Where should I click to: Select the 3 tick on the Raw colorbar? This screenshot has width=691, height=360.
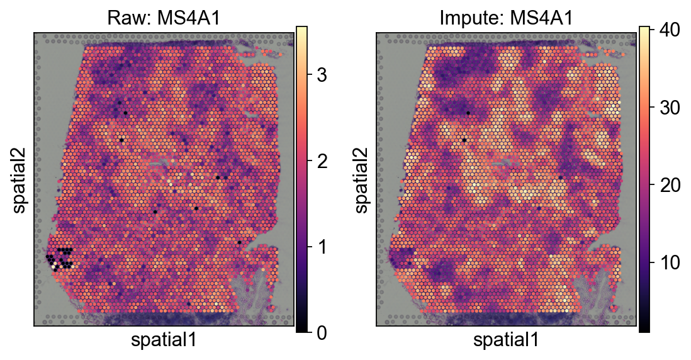tap(321, 76)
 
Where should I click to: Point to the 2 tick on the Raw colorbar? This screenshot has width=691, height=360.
tap(321, 161)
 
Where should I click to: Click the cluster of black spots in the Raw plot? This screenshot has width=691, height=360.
tap(60, 258)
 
